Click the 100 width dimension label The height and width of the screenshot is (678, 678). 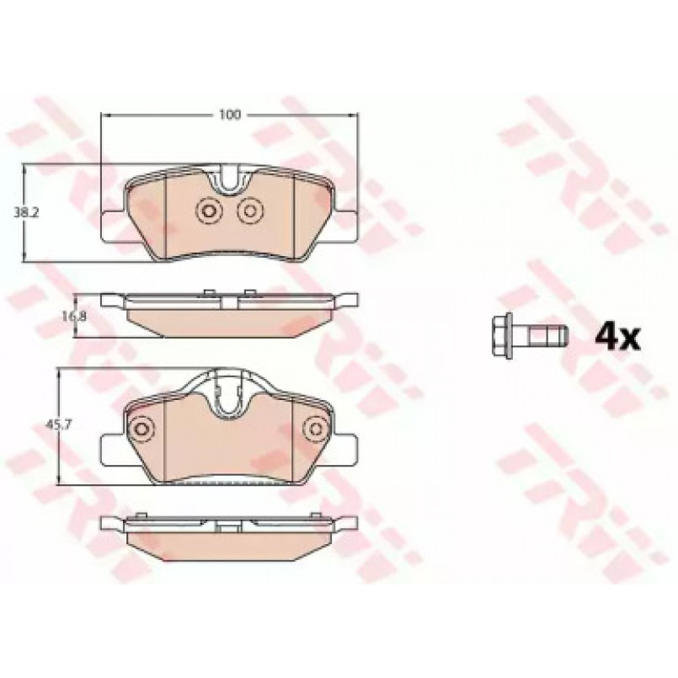[x=230, y=115]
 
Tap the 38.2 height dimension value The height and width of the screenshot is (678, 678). [x=26, y=213]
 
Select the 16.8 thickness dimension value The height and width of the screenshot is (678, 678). [x=74, y=316]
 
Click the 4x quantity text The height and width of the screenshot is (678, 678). [x=617, y=338]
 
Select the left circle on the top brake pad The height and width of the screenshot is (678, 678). [x=209, y=211]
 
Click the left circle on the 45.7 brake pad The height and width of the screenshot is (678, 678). [x=141, y=429]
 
